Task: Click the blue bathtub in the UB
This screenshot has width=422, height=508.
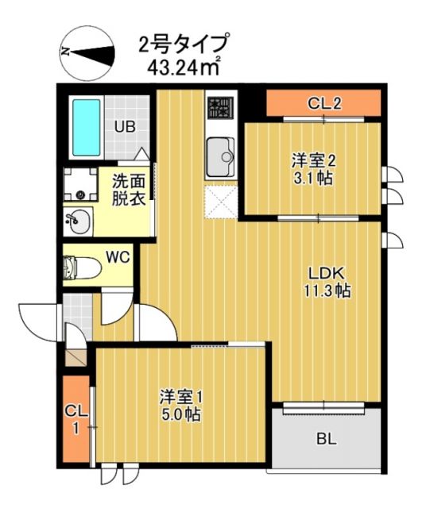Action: click(x=85, y=129)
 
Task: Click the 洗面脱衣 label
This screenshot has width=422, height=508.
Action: click(x=127, y=191)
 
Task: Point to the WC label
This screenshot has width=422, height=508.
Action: click(x=118, y=257)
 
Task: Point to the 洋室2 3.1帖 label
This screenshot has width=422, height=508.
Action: click(x=312, y=169)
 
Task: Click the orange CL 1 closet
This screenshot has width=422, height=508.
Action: click(x=76, y=418)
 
